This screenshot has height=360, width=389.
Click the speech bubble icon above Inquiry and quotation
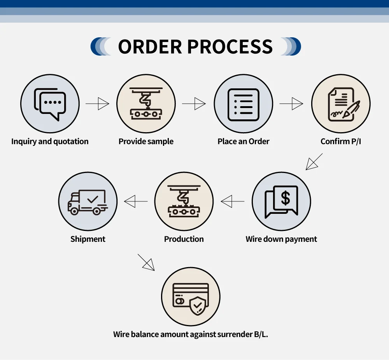50,104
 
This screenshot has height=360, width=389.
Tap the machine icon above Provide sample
146,104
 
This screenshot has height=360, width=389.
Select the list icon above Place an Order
243,104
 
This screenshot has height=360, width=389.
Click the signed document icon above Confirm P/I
341,104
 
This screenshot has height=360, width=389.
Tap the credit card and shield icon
191,299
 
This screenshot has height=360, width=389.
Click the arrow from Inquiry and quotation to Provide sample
98,104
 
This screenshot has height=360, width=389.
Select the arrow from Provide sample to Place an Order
194,104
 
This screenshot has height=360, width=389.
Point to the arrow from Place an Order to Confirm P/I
291,104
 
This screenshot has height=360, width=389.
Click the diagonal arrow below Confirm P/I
314,162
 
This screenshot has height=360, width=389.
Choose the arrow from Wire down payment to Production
232,201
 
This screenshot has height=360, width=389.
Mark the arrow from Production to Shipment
136,201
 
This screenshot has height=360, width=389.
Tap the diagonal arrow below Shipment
146,262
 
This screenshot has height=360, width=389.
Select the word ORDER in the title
150,47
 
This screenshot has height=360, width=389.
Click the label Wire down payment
281,239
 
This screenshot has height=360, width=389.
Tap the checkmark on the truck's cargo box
93,199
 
